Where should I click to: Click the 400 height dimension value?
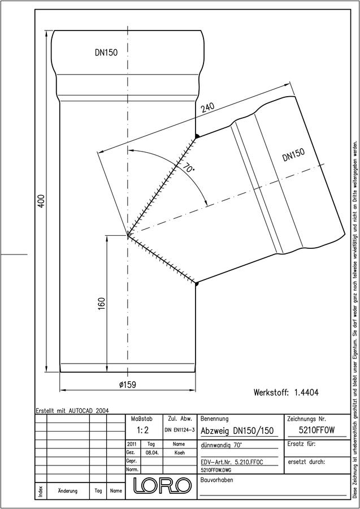click(41, 201)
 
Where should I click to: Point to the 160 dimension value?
click(101, 304)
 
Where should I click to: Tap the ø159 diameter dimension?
click(128, 385)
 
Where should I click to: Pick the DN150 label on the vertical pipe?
click(106, 53)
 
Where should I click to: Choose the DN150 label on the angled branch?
click(293, 154)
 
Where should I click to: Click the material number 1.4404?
click(306, 392)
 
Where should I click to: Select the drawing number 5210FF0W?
click(316, 430)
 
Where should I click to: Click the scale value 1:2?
click(143, 430)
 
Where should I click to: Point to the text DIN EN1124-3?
click(180, 430)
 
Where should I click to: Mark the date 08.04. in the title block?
click(151, 452)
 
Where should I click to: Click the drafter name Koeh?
click(179, 452)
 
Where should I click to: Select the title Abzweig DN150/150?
click(237, 431)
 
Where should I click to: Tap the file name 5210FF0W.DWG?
click(216, 470)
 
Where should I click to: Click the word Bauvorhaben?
click(216, 480)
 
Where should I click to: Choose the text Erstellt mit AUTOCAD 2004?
click(72, 411)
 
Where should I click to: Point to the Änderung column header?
click(67, 491)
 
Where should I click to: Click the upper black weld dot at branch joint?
click(196, 136)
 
